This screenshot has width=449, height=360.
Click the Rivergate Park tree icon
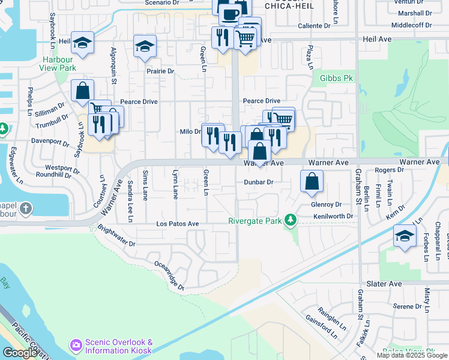pyautogui.click(x=291, y=220)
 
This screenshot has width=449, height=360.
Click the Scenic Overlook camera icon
pyautogui.click(x=76, y=345)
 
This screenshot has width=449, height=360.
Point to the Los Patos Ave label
pyautogui.click(x=177, y=224)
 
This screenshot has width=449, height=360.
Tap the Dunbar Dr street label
pyautogui.click(x=258, y=182)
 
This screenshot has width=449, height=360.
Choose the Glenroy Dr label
pyautogui.click(x=326, y=204)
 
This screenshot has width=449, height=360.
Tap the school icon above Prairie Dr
pyautogui.click(x=145, y=46)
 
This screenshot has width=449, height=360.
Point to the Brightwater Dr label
pyautogui.click(x=116, y=238)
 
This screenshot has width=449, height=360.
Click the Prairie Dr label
pyautogui.click(x=160, y=71)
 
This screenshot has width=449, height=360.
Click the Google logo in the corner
pyautogui.click(x=19, y=353)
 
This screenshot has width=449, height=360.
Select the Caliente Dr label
pyautogui.click(x=315, y=26)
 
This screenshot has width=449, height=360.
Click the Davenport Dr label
pyautogui.click(x=50, y=143)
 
